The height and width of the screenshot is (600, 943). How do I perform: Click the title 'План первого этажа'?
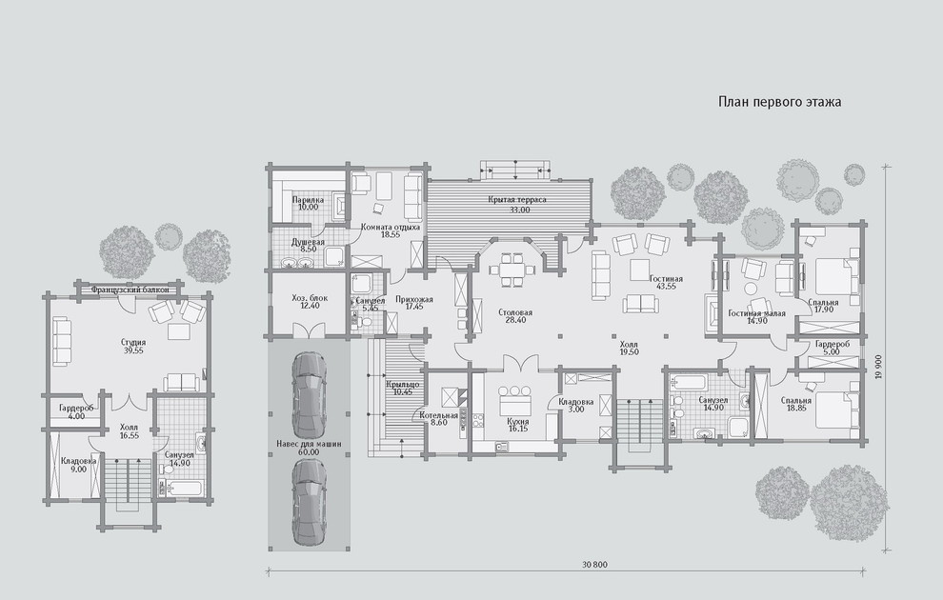[779, 102]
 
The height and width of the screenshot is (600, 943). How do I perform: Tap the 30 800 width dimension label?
[594, 564]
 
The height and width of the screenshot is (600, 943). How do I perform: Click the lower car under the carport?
[310, 503]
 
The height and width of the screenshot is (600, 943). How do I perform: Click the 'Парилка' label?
[308, 199]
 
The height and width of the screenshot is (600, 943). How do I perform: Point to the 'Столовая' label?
[515, 312]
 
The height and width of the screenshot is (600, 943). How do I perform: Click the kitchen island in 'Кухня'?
[514, 399]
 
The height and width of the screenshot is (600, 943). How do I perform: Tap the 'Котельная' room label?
[439, 415]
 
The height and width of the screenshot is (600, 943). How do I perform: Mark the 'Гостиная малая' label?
[756, 312]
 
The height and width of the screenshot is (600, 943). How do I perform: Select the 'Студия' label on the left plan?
[133, 342]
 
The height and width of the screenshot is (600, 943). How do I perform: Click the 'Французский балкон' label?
[130, 290]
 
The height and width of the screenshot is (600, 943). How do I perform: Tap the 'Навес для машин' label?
[309, 444]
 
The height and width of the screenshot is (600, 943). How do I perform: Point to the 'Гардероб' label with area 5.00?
[833, 345]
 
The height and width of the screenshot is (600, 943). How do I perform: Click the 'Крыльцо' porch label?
[402, 384]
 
